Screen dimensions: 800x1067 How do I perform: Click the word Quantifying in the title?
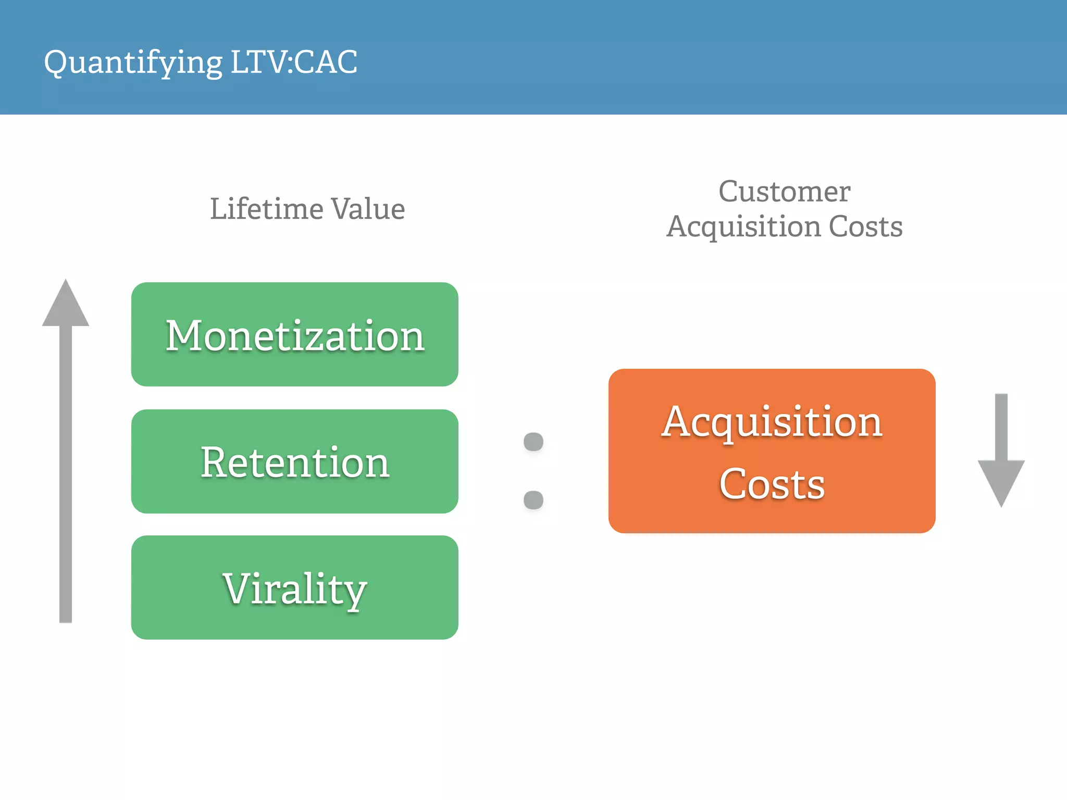[133, 63]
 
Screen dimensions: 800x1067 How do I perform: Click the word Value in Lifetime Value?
[368, 209]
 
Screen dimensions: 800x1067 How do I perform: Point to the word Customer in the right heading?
[784, 191]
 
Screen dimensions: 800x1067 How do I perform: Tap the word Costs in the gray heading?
[865, 227]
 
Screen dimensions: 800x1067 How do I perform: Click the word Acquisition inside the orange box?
[772, 422]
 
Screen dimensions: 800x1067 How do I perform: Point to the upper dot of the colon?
[533, 442]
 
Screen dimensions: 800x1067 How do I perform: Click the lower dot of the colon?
[533, 500]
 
